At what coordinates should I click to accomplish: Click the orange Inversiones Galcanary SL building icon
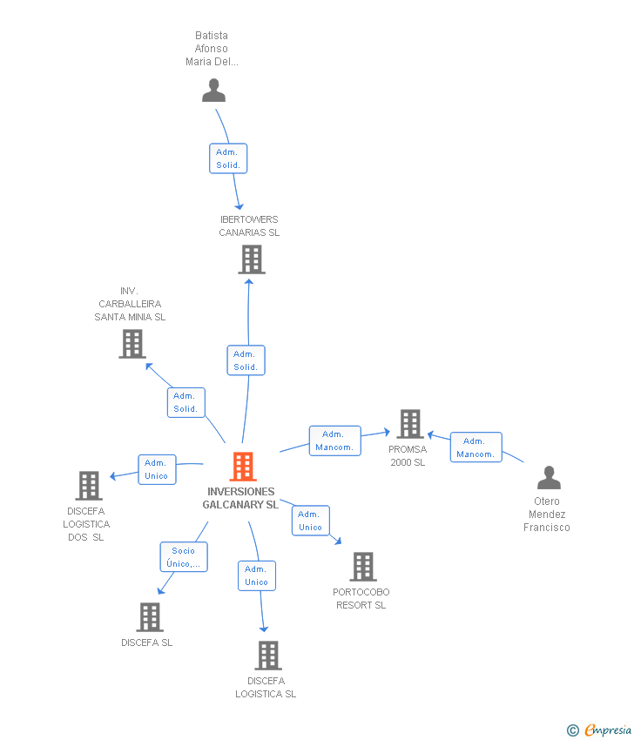[x=243, y=467]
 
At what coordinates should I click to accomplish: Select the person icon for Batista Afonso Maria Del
[x=213, y=91]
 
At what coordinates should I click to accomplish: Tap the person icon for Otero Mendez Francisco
[x=549, y=478]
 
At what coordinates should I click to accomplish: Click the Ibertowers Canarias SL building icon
[x=251, y=259]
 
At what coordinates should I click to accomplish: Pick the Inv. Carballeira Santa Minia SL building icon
[x=132, y=344]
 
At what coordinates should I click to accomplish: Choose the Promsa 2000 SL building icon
[x=409, y=424]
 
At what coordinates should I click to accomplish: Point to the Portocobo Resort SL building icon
[x=362, y=567]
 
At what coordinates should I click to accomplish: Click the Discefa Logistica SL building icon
[x=267, y=656]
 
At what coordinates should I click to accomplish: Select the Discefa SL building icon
[x=150, y=617]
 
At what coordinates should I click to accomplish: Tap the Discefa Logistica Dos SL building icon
[x=88, y=486]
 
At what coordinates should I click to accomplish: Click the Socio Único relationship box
[x=184, y=556]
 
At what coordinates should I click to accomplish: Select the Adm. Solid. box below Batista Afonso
[x=228, y=158]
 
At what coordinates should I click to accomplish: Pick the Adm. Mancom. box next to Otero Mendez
[x=475, y=447]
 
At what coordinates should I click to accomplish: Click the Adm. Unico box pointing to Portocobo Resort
[x=310, y=521]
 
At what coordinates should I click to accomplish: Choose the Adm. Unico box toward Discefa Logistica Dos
[x=157, y=469]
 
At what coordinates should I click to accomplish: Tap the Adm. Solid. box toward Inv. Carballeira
[x=185, y=402]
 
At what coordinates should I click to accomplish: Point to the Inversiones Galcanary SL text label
[x=240, y=498]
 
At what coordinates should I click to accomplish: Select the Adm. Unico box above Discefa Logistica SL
[x=256, y=575]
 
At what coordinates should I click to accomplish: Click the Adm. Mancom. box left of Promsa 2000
[x=334, y=441]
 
